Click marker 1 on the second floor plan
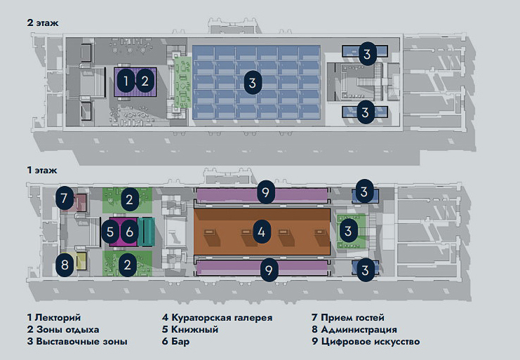coord(126,81)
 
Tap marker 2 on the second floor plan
coord(145,81)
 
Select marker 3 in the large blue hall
coord(252,82)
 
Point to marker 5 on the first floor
coord(110,229)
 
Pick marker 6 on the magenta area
coord(128,229)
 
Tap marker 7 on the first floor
coord(64,199)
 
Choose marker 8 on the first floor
coord(65,265)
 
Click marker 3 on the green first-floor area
coord(347,229)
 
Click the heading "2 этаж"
coord(42,22)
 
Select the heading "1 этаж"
coord(41,170)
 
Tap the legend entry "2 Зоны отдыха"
coord(63,329)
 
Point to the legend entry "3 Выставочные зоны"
coord(77,342)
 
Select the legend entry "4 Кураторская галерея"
coord(217,317)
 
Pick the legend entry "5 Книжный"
coord(190,329)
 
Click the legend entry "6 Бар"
coord(175,342)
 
